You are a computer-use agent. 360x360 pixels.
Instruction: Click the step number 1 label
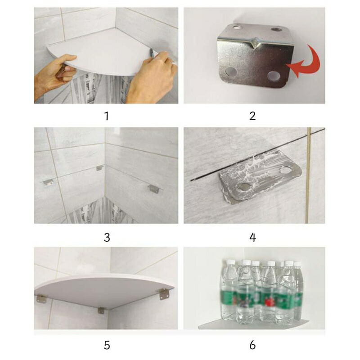tap(106, 116)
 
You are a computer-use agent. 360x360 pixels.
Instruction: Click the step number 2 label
tap(252, 116)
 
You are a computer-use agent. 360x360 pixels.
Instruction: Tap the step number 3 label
tap(107, 238)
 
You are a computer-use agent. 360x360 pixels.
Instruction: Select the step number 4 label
tap(252, 238)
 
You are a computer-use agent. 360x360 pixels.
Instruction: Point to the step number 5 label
tap(107, 345)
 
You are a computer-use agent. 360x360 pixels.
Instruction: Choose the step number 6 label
tap(252, 345)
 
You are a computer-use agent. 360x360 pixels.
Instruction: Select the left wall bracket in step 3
tap(48, 183)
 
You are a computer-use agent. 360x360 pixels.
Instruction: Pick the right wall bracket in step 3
tap(153, 189)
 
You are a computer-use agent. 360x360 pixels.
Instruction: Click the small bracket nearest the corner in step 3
tap(99, 168)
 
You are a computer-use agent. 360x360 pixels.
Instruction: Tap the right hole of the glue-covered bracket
tap(285, 170)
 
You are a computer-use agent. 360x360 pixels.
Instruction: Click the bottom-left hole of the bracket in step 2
tap(231, 72)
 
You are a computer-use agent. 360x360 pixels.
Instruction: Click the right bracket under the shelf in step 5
tap(164, 295)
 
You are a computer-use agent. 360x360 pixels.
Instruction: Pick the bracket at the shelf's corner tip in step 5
tap(101, 310)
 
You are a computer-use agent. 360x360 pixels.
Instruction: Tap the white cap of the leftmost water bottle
tap(229, 262)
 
